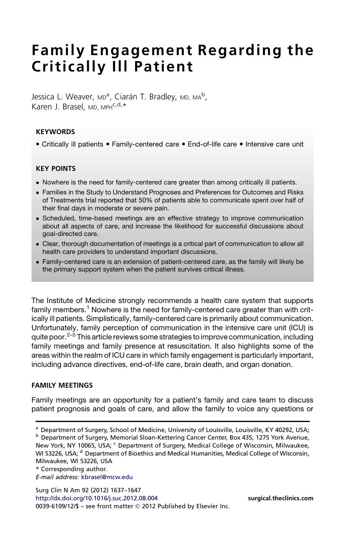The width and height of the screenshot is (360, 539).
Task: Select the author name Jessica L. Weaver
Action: (x=62, y=97)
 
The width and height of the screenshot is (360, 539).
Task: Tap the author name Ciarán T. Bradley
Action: (x=145, y=97)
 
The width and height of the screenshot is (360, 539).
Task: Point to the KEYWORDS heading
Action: (x=55, y=132)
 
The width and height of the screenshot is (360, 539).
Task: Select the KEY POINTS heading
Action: (x=56, y=168)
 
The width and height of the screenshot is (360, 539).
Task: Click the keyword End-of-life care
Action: (x=212, y=144)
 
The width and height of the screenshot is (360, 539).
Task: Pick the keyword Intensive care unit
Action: (x=274, y=144)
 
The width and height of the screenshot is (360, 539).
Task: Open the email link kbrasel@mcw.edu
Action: (x=107, y=477)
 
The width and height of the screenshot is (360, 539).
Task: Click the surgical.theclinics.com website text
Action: (x=280, y=498)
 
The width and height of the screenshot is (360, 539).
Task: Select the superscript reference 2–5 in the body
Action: (x=71, y=335)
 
